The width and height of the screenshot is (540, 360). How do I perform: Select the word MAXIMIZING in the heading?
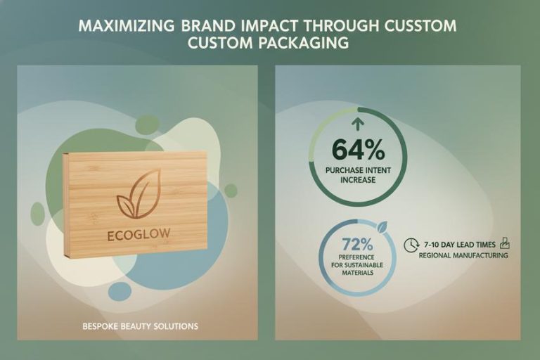tap(124, 26)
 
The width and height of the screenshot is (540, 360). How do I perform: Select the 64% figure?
tap(357, 150)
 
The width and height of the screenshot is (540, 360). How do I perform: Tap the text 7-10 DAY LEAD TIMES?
tap(459, 244)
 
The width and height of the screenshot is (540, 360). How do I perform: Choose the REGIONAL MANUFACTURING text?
tap(463, 256)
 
